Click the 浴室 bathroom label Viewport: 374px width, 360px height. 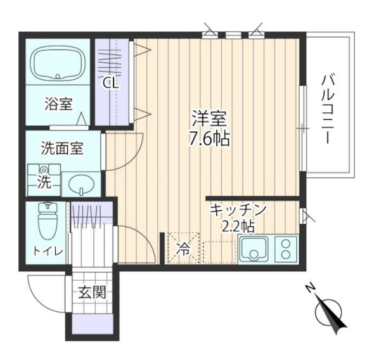click(58, 104)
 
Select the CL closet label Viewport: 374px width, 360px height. click(112, 82)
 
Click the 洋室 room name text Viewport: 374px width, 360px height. click(209, 118)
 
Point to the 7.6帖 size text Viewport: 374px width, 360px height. click(209, 138)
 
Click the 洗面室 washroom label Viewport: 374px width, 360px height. click(62, 150)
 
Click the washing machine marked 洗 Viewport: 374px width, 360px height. click(43, 179)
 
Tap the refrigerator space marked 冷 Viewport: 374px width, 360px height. click(183, 249)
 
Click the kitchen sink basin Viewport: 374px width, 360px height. click(256, 250)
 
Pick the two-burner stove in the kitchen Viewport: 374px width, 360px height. click(286, 249)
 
